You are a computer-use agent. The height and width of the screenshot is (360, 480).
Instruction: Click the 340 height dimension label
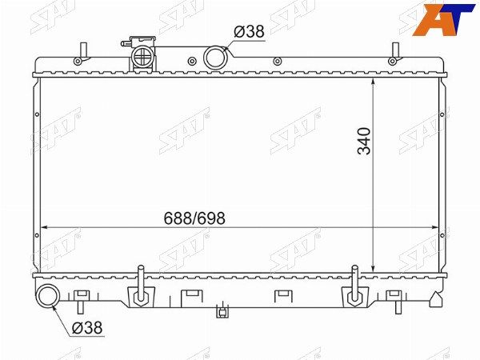(x=364, y=141)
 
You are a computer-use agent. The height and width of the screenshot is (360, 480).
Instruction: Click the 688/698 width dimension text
(x=194, y=218)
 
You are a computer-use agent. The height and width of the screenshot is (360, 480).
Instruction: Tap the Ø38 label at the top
(x=249, y=31)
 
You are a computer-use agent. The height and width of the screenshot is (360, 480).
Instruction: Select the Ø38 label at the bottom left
(x=87, y=328)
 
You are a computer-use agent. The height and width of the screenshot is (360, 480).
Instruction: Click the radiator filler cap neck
(x=143, y=56)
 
